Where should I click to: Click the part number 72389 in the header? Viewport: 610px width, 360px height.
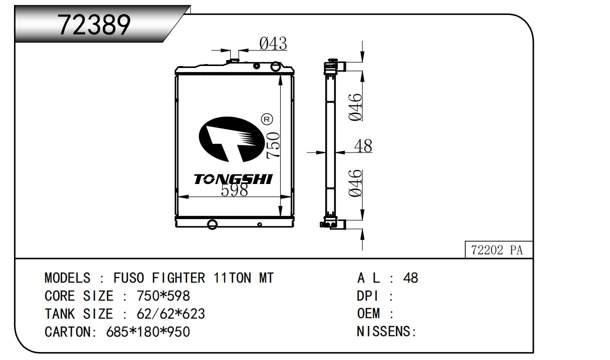pos(95,24)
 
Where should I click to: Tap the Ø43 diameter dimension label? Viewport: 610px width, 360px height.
pos(273,44)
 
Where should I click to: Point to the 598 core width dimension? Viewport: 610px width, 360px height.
pos(234,189)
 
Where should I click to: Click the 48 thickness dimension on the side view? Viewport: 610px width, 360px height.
pos(363,146)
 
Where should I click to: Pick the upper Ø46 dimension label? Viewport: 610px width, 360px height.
pos(355,106)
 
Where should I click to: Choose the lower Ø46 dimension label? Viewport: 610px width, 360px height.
pos(355,183)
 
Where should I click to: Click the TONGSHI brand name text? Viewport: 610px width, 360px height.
pos(233,179)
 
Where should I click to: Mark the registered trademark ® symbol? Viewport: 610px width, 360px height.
pos(267,119)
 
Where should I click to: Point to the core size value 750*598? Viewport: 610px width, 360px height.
pos(163,296)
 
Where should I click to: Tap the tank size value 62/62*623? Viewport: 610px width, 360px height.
pos(171,314)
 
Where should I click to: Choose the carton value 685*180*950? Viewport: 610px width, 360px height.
pos(148,331)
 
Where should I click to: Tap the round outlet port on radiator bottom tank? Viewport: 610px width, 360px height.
pos(212,223)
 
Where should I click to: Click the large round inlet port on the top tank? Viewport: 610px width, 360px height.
pos(275,66)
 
